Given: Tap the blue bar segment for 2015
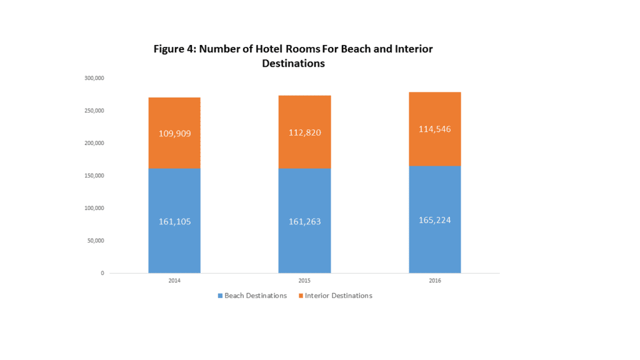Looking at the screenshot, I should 304,244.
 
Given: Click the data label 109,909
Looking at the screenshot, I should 174,133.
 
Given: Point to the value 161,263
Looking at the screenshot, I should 304,221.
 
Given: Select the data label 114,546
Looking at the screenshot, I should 435,129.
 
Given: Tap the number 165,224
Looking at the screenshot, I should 435,220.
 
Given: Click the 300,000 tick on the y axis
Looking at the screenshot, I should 94,78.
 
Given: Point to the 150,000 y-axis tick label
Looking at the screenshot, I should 94,176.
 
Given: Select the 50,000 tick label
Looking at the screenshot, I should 96,241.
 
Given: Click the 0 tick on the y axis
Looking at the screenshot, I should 102,273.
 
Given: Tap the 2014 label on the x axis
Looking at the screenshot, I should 174,281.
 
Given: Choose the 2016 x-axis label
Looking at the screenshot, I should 435,281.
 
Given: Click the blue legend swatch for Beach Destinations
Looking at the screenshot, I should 220,296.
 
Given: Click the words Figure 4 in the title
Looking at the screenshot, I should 174,49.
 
